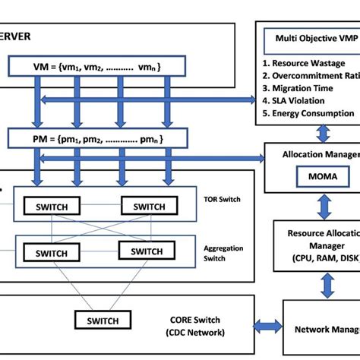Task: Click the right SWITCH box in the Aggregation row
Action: pos(156,252)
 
